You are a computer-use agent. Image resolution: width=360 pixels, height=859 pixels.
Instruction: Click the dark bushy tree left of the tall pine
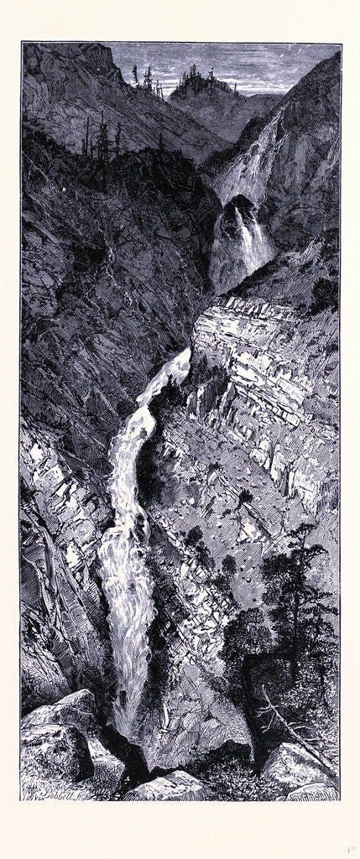(243, 629)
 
